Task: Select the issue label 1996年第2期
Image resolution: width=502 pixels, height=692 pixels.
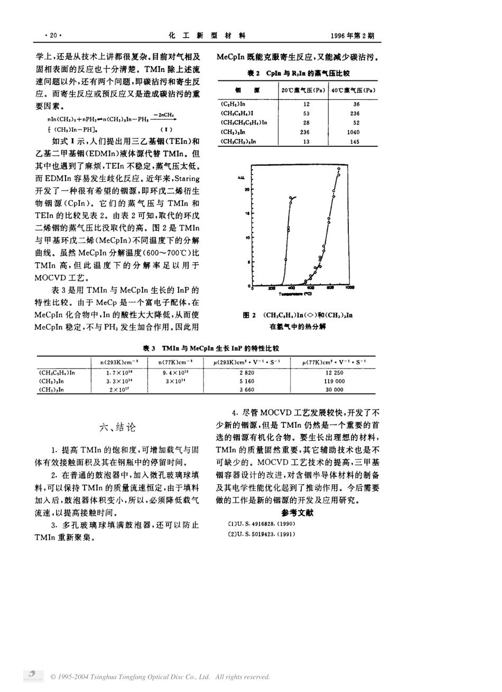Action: [x=352, y=36]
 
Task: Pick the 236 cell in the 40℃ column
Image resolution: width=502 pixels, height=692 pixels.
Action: [x=354, y=114]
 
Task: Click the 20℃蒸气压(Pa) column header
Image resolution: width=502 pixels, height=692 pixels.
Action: [x=303, y=91]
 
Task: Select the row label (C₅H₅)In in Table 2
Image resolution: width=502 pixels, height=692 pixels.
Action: [x=236, y=104]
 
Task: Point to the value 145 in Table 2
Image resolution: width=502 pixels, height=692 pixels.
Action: [x=354, y=142]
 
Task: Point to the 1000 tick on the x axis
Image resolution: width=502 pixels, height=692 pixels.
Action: [x=349, y=288]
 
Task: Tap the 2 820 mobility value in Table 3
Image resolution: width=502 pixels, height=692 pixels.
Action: [x=248, y=372]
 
